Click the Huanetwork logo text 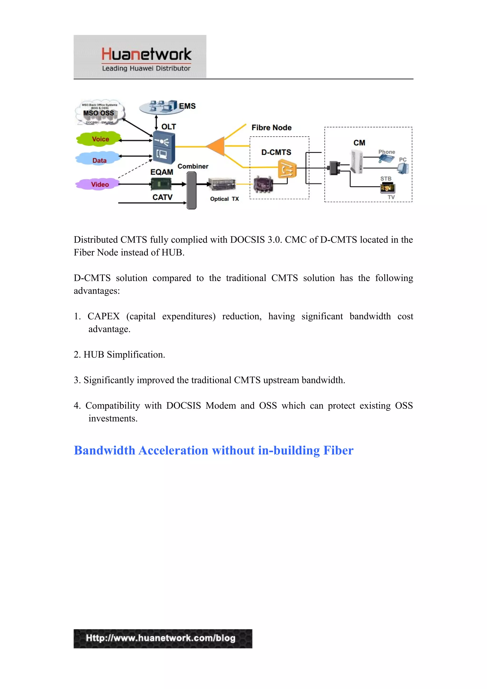coord(146,54)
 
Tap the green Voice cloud coord(100,139)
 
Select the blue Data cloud coord(99,160)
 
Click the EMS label coord(187,106)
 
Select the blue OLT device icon coord(164,148)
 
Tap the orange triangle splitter coord(217,146)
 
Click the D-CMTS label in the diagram coord(276,152)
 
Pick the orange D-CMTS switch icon coord(287,169)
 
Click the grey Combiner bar coord(191,190)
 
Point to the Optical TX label coord(224,199)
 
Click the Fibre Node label coord(271,127)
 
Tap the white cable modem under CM coord(356,162)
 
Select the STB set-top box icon coord(387,188)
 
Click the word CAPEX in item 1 coord(103,316)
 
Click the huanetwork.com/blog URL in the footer coord(161,638)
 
